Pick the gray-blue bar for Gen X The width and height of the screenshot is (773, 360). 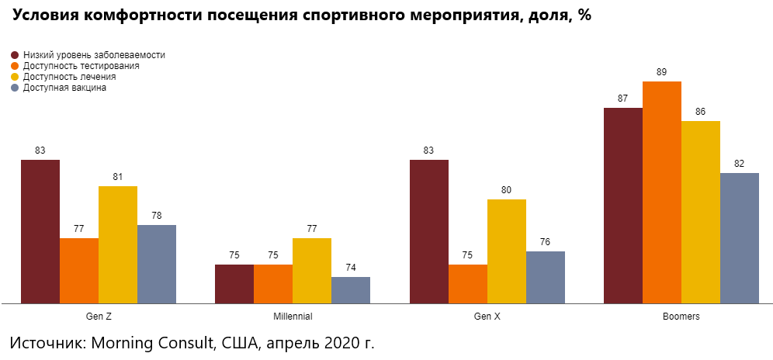click(x=546, y=277)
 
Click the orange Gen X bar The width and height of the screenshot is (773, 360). click(x=468, y=283)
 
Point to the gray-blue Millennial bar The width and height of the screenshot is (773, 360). click(x=351, y=289)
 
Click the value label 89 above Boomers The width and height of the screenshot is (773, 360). click(x=662, y=72)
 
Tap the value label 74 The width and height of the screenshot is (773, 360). click(x=351, y=268)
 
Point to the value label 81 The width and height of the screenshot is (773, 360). click(x=118, y=177)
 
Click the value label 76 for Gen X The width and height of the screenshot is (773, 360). click(x=546, y=242)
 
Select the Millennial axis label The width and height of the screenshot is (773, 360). click(x=293, y=317)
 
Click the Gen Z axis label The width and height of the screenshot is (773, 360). click(x=99, y=317)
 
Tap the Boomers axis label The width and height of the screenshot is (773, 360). click(x=681, y=317)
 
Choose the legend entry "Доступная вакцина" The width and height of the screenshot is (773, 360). click(x=64, y=88)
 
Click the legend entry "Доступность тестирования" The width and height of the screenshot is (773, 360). click(x=81, y=67)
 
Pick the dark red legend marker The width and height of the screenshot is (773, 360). click(x=15, y=56)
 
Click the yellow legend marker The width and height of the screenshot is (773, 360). click(x=15, y=78)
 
